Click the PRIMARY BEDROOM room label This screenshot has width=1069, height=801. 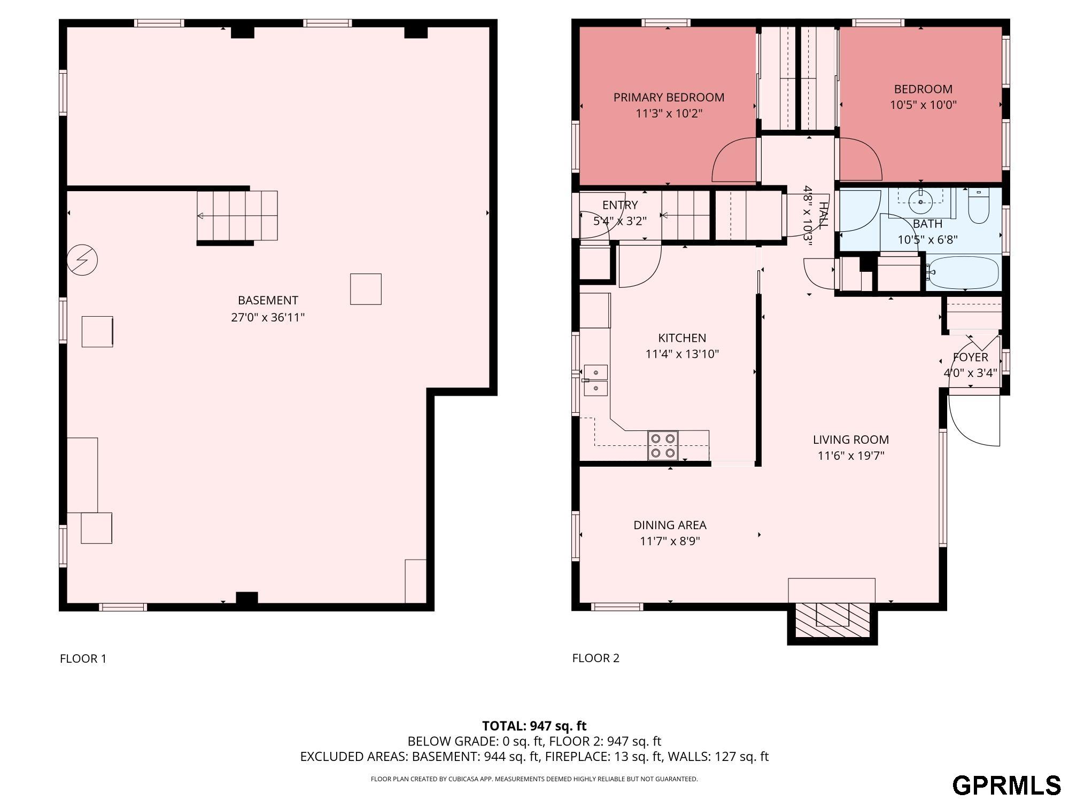coord(669,97)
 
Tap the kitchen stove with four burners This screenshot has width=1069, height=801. coord(663,445)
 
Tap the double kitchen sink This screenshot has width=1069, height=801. coord(595,380)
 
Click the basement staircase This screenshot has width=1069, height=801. coord(237,216)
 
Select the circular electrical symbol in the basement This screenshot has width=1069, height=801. coord(82,260)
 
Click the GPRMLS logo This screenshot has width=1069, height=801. coord(1006,786)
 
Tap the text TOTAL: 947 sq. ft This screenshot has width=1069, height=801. coord(534,726)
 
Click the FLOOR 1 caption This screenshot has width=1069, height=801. coord(83,658)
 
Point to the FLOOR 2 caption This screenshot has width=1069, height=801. coord(595,658)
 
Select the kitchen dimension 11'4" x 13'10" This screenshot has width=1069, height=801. coord(682,354)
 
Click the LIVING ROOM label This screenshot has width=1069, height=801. coord(851,439)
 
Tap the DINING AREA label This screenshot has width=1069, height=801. coord(670,525)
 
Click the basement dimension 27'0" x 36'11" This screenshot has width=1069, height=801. coord(268,317)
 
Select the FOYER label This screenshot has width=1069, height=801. coord(971,357)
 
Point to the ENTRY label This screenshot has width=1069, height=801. coord(620,205)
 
